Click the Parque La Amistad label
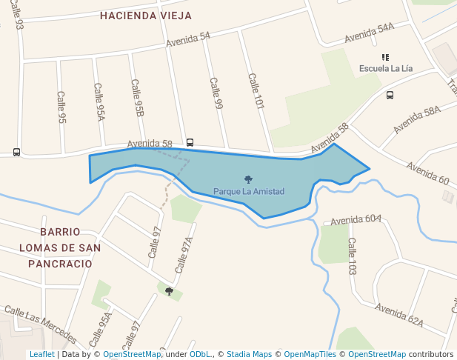coord(249,192)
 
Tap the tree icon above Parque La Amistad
coord(248,179)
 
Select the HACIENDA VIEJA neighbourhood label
coord(146,16)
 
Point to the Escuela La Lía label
coord(385,69)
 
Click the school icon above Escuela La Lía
coord(385,57)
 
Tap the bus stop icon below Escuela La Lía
coord(390,95)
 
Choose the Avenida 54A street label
coord(369,32)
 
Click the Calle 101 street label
coord(256,91)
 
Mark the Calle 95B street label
coord(137,98)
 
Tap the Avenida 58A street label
coord(417,119)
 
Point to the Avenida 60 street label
coord(428,175)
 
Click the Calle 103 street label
coord(353,256)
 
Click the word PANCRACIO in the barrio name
coord(60,264)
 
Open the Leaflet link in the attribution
coord(42,355)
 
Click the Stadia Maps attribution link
coord(250,355)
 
